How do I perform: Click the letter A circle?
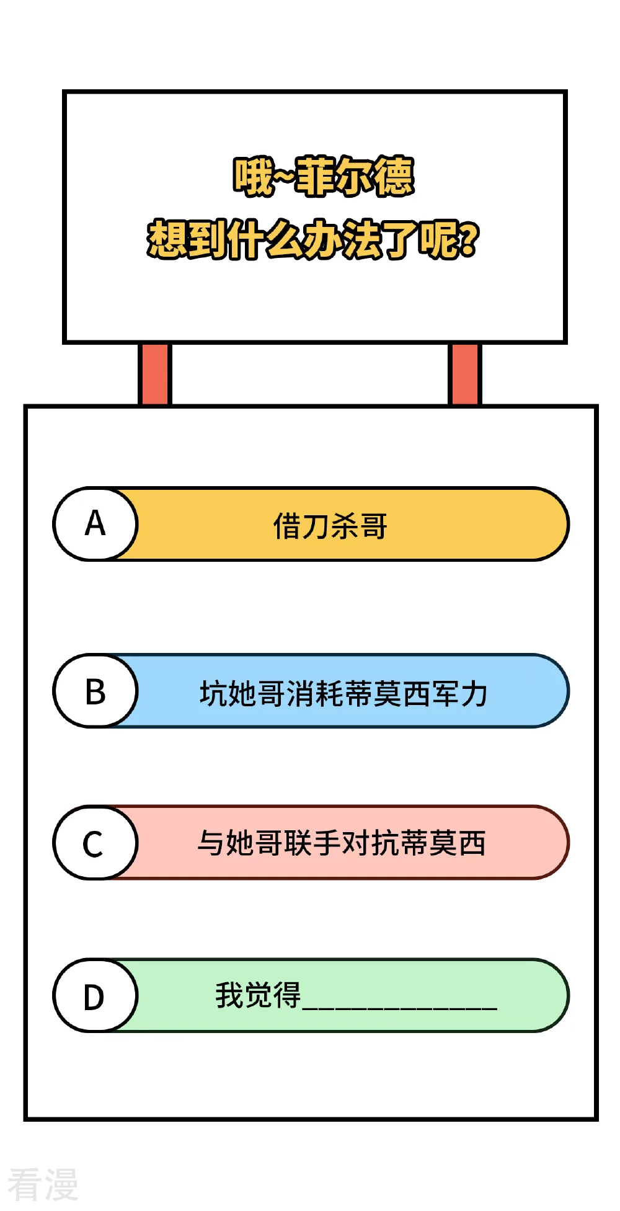coord(95,524)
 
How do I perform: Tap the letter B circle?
coord(95,691)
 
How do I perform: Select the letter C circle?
coord(95,843)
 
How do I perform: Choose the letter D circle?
coord(95,996)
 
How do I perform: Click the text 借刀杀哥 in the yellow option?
coord(330,526)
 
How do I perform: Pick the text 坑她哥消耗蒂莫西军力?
coord(343,693)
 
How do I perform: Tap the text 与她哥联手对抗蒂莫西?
coord(342,843)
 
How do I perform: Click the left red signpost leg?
coord(154,374)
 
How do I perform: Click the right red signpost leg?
coord(464,374)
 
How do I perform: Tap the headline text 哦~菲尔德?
coord(323,177)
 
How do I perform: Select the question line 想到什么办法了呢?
coord(313,239)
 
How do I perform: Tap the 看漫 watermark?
coord(43,1184)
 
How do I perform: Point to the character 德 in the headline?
coord(394,177)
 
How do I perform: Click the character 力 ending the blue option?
coord(474,693)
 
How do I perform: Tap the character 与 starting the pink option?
coord(211,843)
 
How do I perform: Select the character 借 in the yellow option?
coord(288,526)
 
